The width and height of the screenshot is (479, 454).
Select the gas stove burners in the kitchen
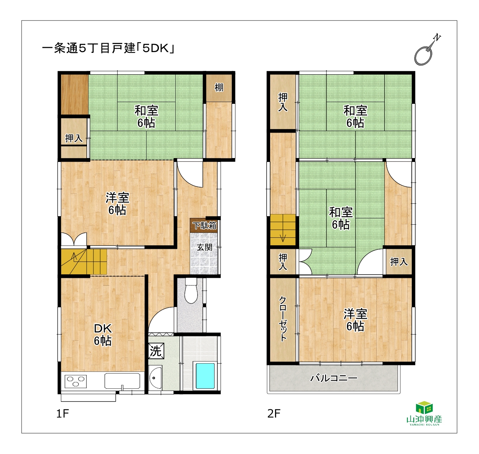coord(75,381)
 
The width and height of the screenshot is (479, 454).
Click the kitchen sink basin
coord(122,381)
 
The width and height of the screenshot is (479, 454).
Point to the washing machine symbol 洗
coord(156,351)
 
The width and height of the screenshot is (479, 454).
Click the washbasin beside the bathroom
coord(155,377)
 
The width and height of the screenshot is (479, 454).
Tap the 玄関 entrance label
coord(204,247)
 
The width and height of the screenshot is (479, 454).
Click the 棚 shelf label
coord(219,87)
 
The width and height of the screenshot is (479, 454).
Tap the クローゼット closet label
coord(283,319)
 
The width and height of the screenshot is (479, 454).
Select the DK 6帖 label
coord(103,335)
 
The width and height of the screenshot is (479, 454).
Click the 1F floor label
coord(63,414)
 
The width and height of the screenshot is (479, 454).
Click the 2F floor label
coord(274,414)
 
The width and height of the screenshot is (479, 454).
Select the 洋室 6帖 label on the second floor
coord(355,320)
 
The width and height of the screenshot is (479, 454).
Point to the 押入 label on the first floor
coord(74,138)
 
